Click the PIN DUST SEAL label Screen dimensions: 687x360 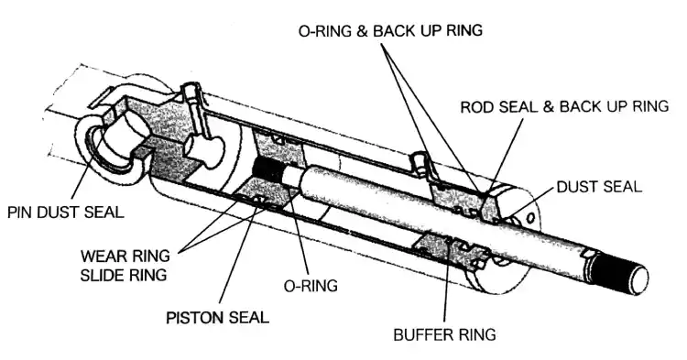click(66, 213)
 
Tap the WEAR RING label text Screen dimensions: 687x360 click(125, 256)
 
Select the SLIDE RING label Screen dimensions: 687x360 click(124, 275)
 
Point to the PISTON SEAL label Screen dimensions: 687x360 click(218, 317)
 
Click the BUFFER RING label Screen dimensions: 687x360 click(444, 334)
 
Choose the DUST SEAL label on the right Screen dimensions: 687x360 click(599, 187)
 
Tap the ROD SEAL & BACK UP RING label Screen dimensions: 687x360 click(565, 106)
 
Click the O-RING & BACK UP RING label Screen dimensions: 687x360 click(390, 30)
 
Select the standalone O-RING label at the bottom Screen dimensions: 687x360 click(311, 286)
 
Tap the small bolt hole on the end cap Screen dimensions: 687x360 click(531, 217)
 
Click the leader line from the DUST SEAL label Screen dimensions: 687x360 click(529, 202)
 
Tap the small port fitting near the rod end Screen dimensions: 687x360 click(419, 163)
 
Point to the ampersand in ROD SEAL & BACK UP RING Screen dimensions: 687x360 click(549, 106)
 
